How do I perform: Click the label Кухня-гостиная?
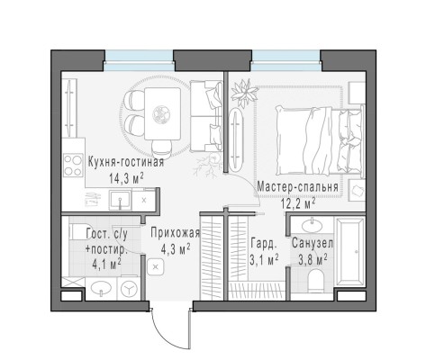126,162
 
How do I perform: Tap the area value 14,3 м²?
126,178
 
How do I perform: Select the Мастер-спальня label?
298,187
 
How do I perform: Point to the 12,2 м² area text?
298,203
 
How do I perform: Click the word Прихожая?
176,233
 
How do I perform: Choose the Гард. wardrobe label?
264,244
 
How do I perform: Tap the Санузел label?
313,243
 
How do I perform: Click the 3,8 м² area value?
313,259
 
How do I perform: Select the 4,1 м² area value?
107,265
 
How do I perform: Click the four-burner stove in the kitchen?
73,165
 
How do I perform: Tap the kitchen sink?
120,200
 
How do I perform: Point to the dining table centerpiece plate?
161,114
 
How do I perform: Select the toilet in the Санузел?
315,278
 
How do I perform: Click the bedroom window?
286,61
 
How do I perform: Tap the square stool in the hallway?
156,266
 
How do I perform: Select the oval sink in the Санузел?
312,226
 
